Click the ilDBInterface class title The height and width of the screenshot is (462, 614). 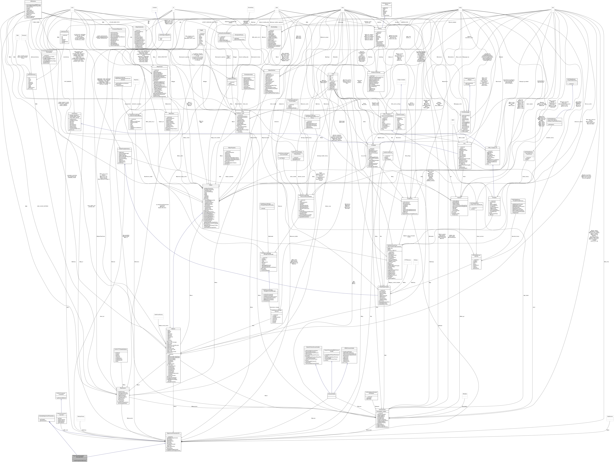point(33,1)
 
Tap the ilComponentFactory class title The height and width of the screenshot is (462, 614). point(239,35)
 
